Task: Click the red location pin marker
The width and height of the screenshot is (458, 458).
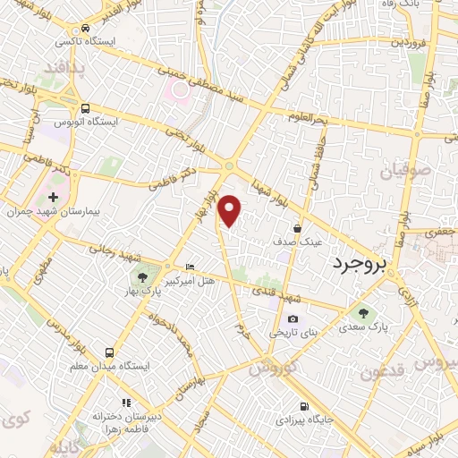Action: (230, 210)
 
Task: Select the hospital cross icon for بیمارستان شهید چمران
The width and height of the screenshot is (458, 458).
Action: (53, 197)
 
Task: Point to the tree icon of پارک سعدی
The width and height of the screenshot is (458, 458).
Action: (362, 312)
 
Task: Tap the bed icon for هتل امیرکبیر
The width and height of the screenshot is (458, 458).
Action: (188, 267)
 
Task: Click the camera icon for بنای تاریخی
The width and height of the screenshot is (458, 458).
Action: (293, 319)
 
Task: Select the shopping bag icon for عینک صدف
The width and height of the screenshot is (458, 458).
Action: (296, 228)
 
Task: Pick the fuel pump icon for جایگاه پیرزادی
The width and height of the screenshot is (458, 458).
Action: (306, 404)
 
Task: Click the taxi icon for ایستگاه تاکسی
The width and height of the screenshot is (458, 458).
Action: (84, 28)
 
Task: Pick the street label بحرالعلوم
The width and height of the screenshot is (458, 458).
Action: (309, 118)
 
